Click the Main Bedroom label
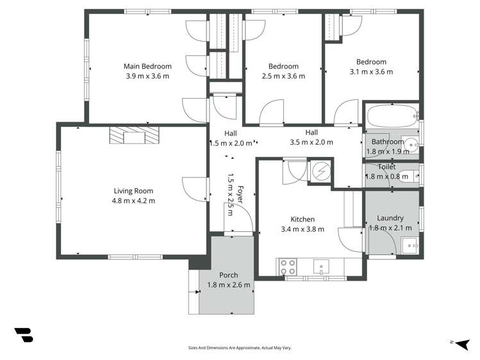(x=147, y=66)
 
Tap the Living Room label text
(x=133, y=191)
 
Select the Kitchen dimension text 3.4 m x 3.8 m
(x=302, y=229)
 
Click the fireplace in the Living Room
(x=134, y=135)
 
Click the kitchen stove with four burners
(x=288, y=266)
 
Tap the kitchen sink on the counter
(x=321, y=266)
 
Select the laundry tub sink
(x=410, y=245)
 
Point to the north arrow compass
(x=463, y=344)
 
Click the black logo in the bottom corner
(x=24, y=335)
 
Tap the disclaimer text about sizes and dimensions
(x=240, y=348)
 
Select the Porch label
(x=228, y=275)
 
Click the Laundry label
(x=390, y=218)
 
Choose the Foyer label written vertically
(x=240, y=195)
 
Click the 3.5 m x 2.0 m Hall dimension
(x=311, y=142)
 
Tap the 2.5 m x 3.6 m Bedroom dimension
(x=283, y=76)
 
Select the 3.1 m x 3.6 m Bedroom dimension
(x=371, y=72)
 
